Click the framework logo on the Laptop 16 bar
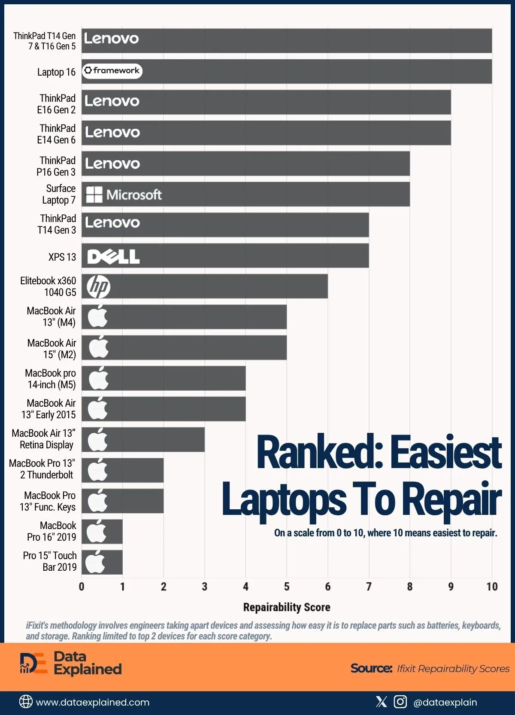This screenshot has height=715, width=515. pos(112,71)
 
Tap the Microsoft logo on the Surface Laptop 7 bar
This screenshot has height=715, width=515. pos(124,195)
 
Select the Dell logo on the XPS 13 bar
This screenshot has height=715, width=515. pos(113,257)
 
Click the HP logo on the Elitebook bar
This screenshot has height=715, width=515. pos(98,287)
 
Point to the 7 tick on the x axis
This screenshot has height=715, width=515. pos(369,587)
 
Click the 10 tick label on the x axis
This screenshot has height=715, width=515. pos(492,587)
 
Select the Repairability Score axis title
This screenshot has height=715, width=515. pos(287,607)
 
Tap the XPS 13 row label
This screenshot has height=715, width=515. pos(62,257)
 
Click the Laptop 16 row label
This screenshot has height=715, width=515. pos(56,72)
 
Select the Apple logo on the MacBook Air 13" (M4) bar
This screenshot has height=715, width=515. pos(98,317)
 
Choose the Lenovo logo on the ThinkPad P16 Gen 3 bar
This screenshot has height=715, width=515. pos(112,164)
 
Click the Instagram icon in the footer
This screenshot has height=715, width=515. pos(400,702)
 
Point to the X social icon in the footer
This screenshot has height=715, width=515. pos(381,702)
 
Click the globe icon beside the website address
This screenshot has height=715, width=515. pos(26,702)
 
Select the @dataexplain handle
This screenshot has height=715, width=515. pos(445,702)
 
